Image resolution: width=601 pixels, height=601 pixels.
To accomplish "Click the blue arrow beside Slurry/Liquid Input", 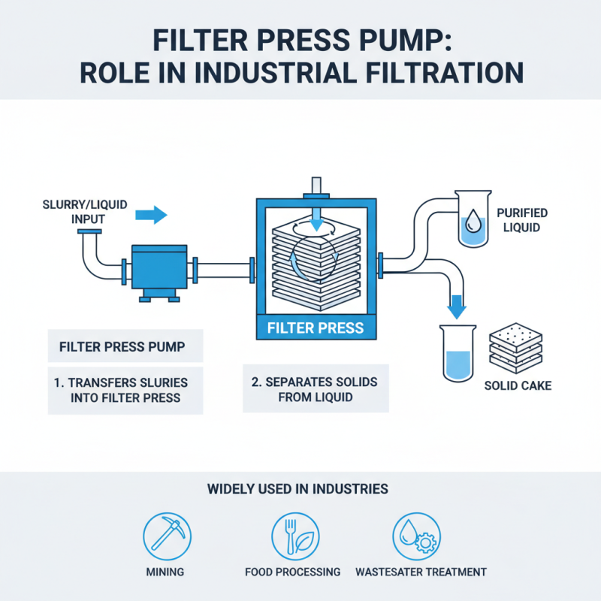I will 151,216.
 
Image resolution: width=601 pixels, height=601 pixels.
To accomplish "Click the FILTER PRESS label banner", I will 316,328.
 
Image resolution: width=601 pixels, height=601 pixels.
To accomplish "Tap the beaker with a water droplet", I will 474,222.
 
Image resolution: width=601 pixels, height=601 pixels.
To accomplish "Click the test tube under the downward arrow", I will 456,352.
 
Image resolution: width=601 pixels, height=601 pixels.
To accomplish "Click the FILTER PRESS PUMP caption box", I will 125,349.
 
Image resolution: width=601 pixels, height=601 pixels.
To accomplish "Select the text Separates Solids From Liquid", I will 315,389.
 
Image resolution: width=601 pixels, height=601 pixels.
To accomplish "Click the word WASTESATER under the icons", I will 396,572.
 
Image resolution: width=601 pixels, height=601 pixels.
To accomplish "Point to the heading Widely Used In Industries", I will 300,489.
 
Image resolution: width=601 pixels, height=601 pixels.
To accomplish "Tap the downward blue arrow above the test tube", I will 456,307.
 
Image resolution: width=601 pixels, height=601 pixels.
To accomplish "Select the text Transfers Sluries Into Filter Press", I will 125,388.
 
